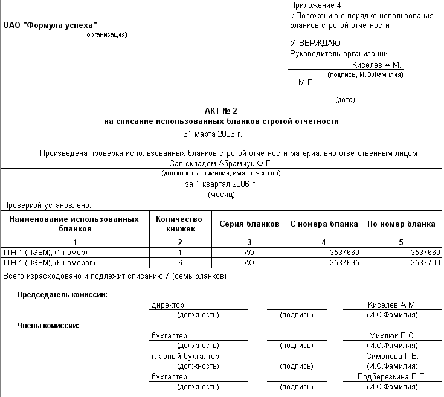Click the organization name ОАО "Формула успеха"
(x=51, y=25)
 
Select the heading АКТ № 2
(x=222, y=111)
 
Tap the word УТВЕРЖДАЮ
(x=315, y=44)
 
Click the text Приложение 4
(x=315, y=5)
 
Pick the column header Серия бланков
(x=249, y=224)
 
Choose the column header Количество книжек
(x=179, y=224)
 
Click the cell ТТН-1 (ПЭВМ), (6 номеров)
(x=49, y=263)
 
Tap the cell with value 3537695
(x=342, y=263)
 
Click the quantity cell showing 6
(x=179, y=263)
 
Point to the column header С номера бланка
(x=324, y=224)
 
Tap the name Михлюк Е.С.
(x=392, y=336)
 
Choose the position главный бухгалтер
(x=185, y=357)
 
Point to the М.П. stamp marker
(x=307, y=82)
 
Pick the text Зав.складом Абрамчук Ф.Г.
(x=222, y=163)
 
